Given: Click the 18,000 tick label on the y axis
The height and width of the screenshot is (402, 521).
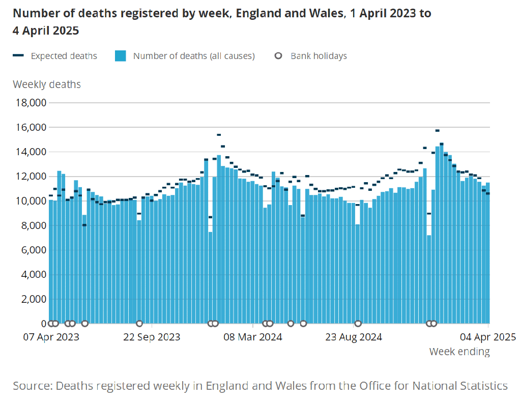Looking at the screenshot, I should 30,103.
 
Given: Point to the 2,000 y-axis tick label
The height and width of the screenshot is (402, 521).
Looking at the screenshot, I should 32,299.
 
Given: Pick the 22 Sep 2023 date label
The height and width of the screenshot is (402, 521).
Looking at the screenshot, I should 152,337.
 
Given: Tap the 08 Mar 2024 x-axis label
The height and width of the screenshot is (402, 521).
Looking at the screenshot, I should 253,337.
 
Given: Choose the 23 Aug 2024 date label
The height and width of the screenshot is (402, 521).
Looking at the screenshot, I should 354,337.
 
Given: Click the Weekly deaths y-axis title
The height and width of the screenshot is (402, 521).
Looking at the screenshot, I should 47,84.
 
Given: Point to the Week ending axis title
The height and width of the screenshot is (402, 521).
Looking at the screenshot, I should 459,352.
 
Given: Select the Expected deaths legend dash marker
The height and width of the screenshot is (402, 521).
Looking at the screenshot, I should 18,56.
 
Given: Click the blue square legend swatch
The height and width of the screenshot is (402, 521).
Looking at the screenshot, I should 120,56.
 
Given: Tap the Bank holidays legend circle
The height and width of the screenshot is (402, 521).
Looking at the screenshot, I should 278,56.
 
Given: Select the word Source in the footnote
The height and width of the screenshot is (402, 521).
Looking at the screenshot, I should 32,385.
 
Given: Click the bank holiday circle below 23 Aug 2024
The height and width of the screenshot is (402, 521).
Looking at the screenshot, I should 358,323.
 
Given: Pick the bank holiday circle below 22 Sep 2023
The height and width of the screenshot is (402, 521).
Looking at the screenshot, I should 139,323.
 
